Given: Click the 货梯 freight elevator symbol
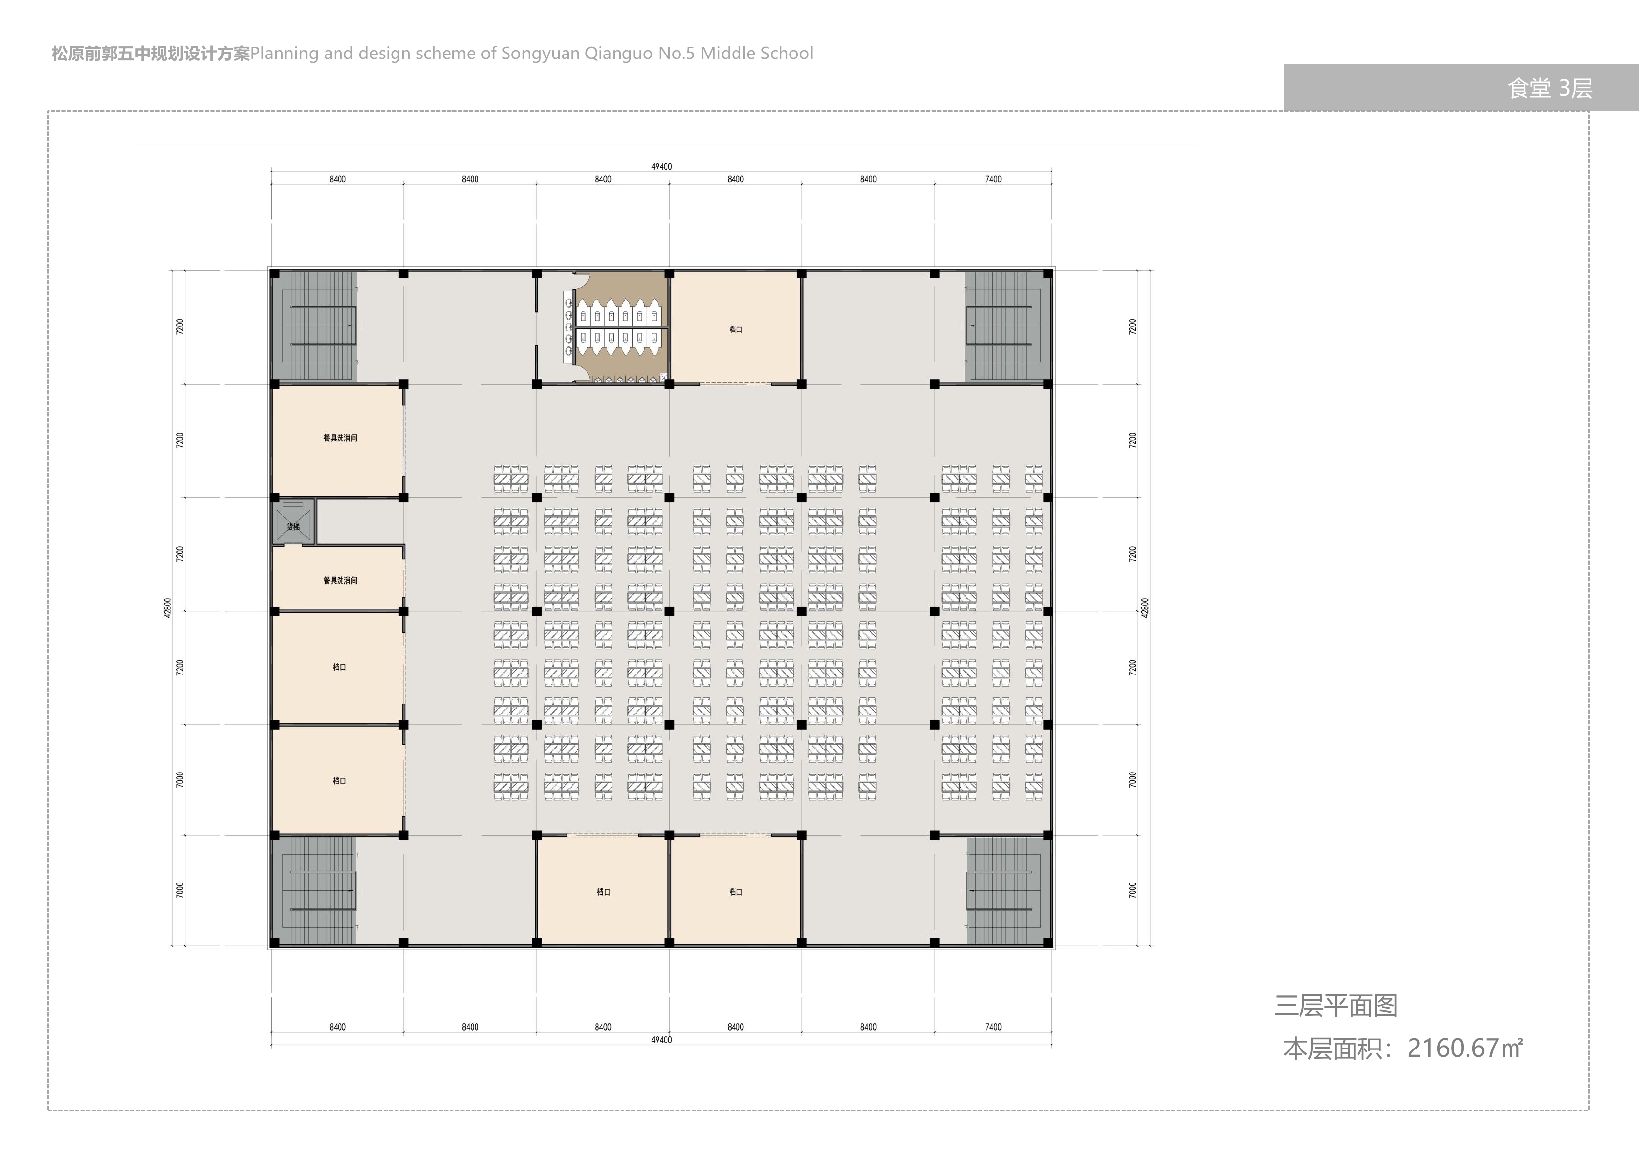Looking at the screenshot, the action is (293, 521).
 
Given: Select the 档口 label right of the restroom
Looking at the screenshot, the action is (736, 330).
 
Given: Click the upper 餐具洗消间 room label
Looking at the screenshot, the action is (340, 438).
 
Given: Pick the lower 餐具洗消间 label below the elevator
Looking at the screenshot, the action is (340, 580).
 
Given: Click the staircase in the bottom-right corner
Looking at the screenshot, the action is (1007, 890).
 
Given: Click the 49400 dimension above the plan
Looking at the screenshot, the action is (661, 166).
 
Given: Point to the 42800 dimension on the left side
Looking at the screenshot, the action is (168, 608).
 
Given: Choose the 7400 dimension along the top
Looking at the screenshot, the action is (993, 179).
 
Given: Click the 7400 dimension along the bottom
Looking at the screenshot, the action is (993, 1027).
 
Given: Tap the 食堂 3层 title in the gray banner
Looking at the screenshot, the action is (1550, 88).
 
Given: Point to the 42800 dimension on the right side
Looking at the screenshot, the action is (1145, 608).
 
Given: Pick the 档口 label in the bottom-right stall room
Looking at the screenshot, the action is (736, 892).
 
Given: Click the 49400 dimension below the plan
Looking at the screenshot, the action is (661, 1040).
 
